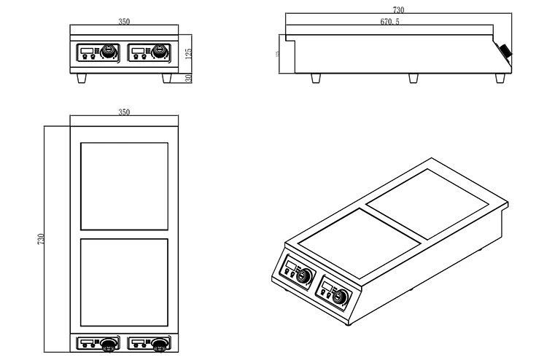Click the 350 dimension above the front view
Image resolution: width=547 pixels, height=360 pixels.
(124, 22)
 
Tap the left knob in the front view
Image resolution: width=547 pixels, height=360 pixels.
(109, 52)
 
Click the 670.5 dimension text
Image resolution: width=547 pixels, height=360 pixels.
(389, 23)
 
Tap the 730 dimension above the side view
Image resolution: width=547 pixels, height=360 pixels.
(399, 9)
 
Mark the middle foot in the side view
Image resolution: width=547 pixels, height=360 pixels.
(414, 78)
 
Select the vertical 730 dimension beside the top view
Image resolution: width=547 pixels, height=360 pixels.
(41, 239)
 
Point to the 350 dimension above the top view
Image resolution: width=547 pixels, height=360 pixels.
(124, 112)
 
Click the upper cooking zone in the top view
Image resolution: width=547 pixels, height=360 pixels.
(123, 184)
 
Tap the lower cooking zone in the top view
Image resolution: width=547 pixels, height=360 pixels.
(123, 282)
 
